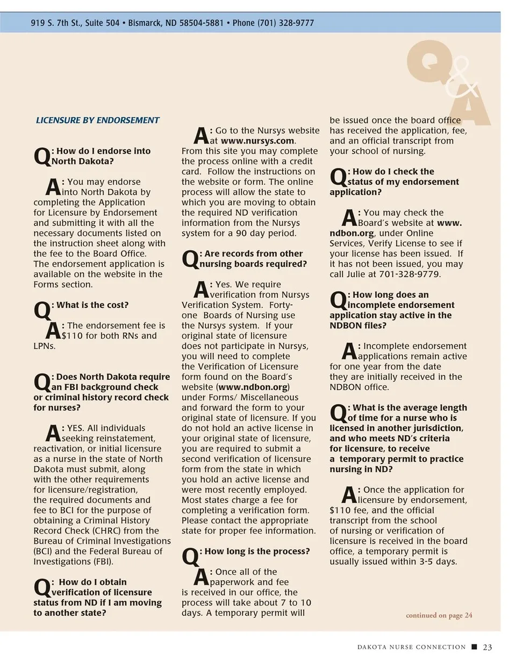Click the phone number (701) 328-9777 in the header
coord(286,23)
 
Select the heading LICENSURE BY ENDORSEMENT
coord(98,120)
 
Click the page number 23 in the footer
coord(488,647)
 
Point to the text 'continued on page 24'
coord(439,615)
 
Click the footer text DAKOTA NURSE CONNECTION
coord(412,647)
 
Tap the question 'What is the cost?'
coord(92,305)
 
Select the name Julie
coord(362,274)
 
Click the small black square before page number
coord(474,647)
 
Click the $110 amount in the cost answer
coord(70,336)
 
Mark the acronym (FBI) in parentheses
coord(104,562)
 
